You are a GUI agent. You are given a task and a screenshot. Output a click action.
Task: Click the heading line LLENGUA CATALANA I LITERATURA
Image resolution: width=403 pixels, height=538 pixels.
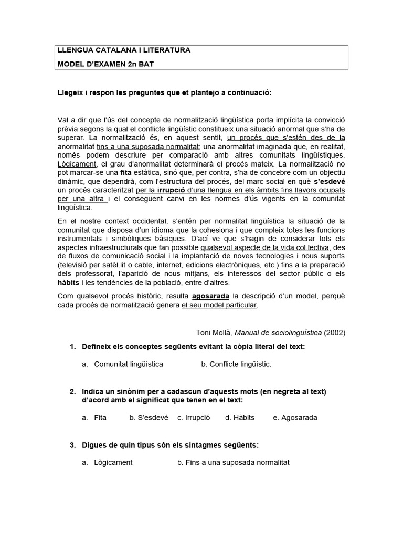point(124,50)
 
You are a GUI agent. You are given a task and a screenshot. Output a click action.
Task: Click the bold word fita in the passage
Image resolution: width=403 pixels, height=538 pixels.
point(111,172)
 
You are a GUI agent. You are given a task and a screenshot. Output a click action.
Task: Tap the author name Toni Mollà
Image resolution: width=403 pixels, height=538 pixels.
point(214,332)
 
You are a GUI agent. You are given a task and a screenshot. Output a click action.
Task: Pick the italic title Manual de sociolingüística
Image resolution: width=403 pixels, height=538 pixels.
point(277,332)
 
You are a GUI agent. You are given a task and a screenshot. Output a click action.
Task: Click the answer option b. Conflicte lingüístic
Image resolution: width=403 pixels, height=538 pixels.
point(236,364)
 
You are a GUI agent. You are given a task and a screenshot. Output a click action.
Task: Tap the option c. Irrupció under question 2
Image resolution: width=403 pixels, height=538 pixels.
point(194,418)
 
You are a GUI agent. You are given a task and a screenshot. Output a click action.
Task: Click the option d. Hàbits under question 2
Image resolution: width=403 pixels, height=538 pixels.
point(240,418)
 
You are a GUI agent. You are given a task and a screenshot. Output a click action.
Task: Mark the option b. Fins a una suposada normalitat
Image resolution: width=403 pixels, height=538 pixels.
point(233,463)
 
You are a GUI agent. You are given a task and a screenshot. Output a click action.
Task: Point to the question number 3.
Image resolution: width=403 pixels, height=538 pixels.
point(73,445)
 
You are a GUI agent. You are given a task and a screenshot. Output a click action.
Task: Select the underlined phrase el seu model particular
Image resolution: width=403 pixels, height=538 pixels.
point(219,305)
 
